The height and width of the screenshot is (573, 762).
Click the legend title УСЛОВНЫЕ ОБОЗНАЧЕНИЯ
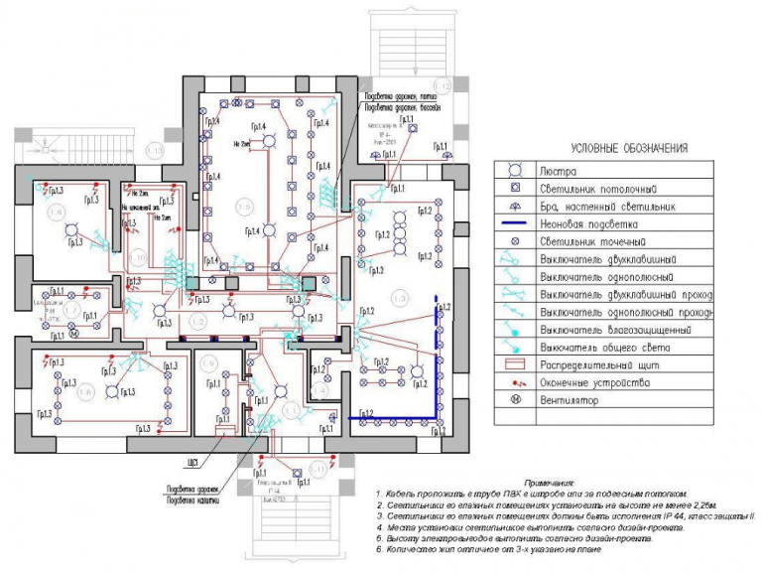click(615, 148)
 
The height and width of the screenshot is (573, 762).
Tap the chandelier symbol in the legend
click(515, 171)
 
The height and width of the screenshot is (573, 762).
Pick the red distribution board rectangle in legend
click(515, 365)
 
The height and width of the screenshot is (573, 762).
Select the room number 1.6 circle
click(56, 214)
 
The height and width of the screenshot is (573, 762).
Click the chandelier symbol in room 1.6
click(71, 230)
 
